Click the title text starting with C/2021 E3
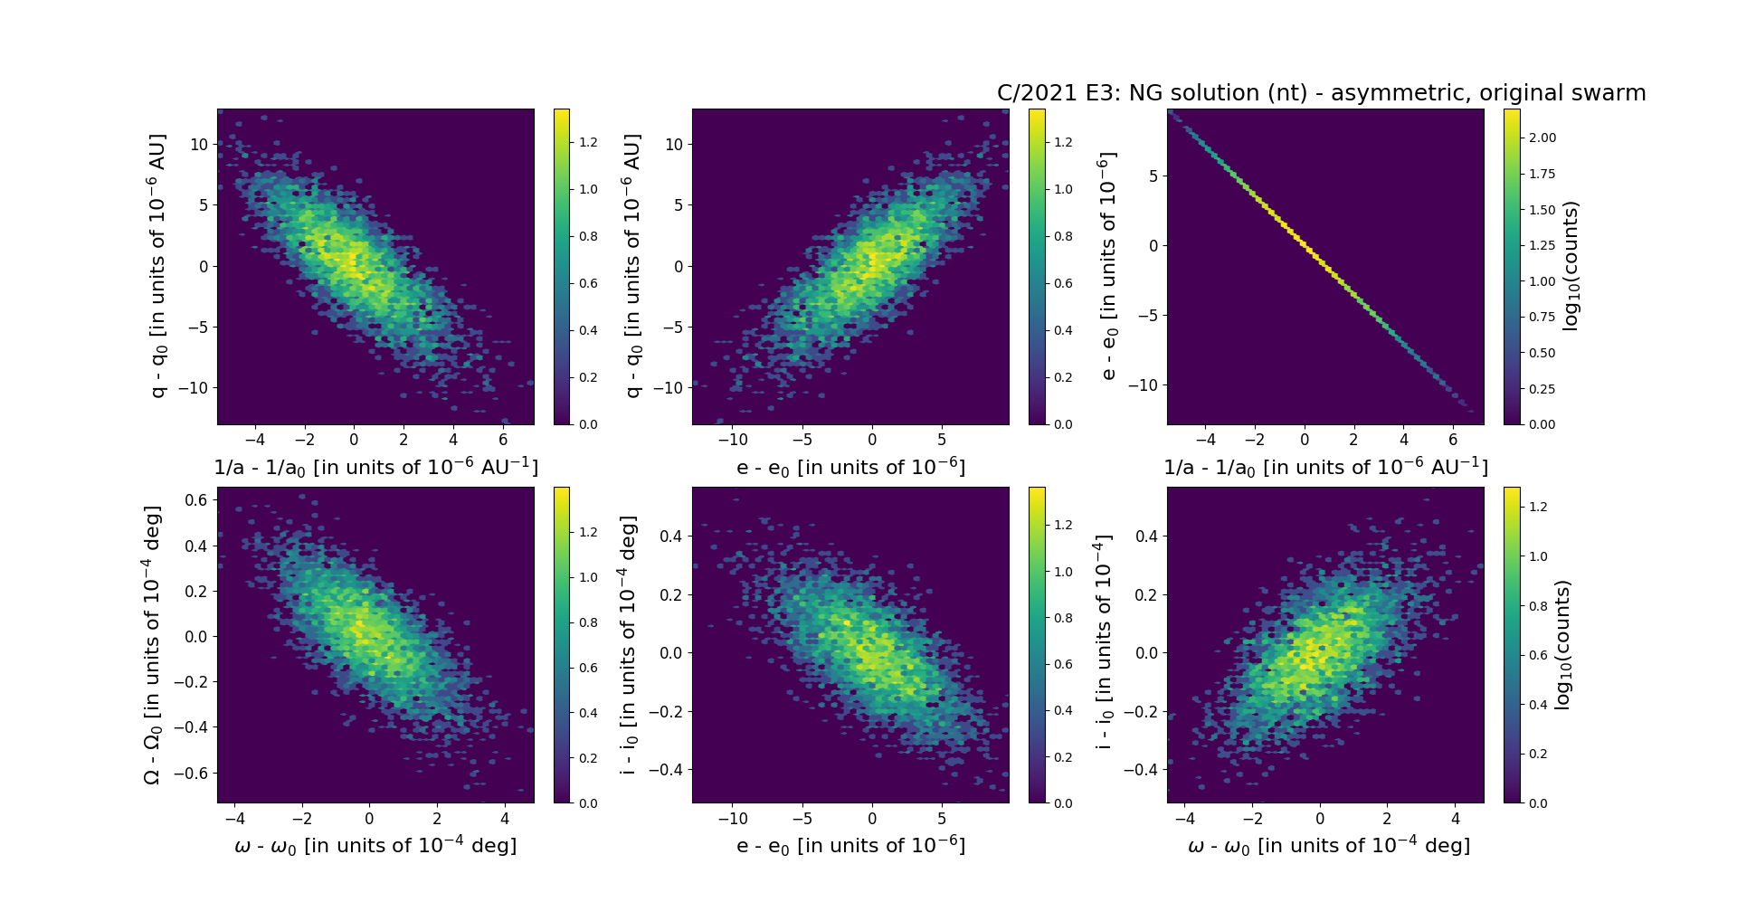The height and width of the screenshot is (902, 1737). click(1321, 93)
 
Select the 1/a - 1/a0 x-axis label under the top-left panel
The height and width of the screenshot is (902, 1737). click(375, 468)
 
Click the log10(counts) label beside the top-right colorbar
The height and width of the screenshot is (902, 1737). click(1571, 266)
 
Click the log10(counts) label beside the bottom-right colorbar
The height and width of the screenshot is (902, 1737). click(1562, 644)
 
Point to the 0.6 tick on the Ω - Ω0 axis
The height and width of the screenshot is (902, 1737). click(196, 500)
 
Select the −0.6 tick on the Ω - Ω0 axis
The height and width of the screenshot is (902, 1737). click(191, 773)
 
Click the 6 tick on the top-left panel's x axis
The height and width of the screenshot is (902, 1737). click(503, 440)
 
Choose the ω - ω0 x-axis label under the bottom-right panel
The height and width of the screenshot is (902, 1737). click(1328, 846)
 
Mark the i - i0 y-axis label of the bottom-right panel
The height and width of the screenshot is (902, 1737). click(1103, 644)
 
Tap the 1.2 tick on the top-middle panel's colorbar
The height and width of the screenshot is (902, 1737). click(1063, 142)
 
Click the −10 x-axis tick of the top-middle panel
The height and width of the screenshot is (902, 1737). click(733, 440)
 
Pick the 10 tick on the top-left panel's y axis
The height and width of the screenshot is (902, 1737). click(199, 145)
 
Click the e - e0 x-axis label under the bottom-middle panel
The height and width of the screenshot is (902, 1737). click(850, 846)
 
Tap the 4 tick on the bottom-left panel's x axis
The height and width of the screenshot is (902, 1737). click(505, 819)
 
